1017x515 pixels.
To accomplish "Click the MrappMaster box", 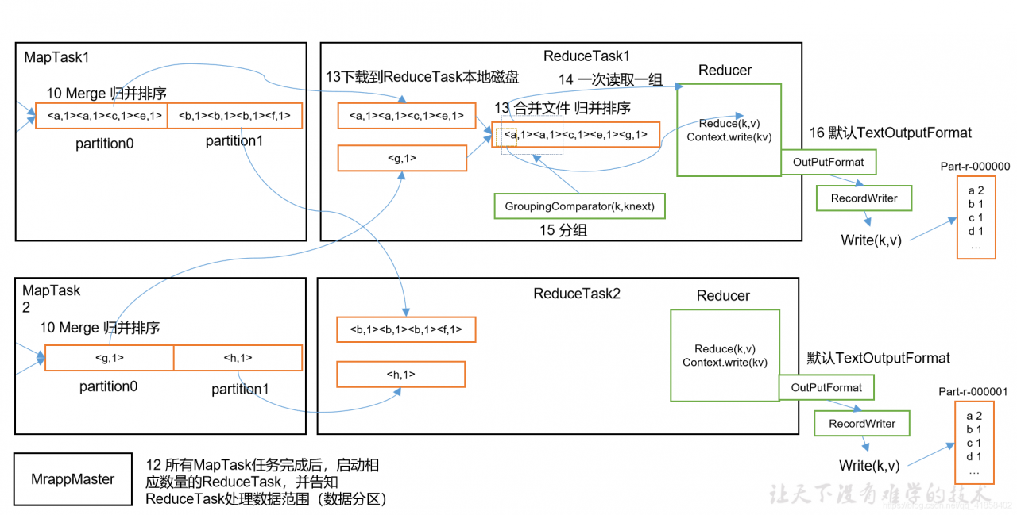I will pyautogui.click(x=73, y=479).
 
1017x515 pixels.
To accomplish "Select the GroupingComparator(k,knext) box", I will pyautogui.click(x=579, y=206).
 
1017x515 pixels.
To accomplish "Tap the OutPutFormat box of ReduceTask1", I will pyautogui.click(x=828, y=163).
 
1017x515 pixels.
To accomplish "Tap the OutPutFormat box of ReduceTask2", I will pyautogui.click(x=826, y=388).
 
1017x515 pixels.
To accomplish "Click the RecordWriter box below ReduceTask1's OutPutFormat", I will pyautogui.click(x=863, y=198).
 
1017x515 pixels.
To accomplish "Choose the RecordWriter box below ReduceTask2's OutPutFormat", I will pyautogui.click(x=861, y=424).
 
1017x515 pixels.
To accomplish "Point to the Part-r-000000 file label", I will pyautogui.click(x=974, y=167).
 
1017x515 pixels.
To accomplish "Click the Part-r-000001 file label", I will pyautogui.click(x=973, y=391).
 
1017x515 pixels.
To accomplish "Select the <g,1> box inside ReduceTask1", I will pyautogui.click(x=402, y=158).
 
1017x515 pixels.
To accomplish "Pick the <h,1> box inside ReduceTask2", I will pyautogui.click(x=400, y=374).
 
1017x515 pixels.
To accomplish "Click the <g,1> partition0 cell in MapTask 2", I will pyautogui.click(x=109, y=358).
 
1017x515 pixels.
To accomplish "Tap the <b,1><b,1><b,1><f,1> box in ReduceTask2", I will pyautogui.click(x=406, y=329).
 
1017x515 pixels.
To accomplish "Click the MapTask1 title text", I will pyautogui.click(x=56, y=57).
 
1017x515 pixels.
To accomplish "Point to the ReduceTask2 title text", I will pyautogui.click(x=576, y=294).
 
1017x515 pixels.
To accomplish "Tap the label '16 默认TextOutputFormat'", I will pyautogui.click(x=891, y=133).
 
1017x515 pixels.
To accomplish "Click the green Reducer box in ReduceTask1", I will pyautogui.click(x=729, y=130).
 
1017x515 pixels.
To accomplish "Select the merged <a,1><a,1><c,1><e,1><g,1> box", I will pyautogui.click(x=575, y=135).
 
